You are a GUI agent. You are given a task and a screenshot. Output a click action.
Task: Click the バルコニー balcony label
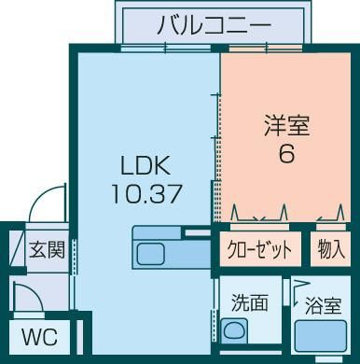pos(214,24)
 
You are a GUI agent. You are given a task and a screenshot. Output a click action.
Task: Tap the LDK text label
pos(145,165)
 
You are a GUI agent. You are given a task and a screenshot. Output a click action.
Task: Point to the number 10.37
pos(146,193)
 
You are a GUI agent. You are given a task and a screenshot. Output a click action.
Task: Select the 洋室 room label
pos(287,126)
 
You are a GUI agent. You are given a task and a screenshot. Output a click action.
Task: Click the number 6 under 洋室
pos(286,153)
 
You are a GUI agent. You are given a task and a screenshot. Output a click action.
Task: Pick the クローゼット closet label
pos(259,249)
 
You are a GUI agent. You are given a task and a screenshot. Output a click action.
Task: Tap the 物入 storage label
pos(331,249)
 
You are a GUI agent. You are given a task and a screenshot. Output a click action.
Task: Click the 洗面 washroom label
pos(250,303)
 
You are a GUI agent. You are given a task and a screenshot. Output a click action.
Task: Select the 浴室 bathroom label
pos(324,305)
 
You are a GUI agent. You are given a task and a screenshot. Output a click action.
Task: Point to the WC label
pos(39,336)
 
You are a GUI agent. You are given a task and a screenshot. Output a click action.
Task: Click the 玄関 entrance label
pos(47,249)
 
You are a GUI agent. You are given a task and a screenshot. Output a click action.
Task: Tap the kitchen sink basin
pos(151,254)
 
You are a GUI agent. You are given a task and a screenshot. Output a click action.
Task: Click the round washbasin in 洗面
pos(234,330)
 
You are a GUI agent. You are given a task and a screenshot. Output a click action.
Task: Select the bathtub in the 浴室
pos(321,336)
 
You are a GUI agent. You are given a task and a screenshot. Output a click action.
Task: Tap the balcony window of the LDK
pos(166,49)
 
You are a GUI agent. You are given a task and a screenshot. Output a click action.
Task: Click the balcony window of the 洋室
pos(266,49)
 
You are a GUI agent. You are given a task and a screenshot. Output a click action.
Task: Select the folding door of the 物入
pos(331,215)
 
